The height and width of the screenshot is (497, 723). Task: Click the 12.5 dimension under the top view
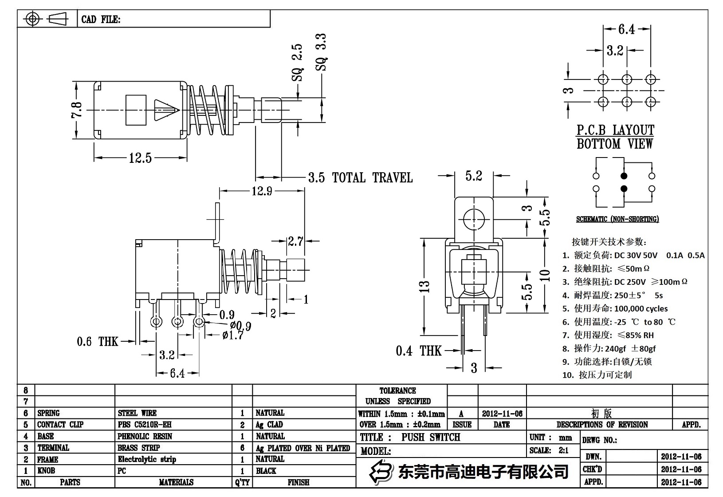point(140,158)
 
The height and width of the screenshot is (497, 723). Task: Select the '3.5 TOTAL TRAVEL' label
point(360,178)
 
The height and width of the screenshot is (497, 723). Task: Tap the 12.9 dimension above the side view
point(261,191)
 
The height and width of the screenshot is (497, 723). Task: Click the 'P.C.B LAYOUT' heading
point(615,130)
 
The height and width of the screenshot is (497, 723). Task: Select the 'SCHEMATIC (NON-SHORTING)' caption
point(617,219)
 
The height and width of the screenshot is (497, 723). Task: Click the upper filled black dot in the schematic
point(624,176)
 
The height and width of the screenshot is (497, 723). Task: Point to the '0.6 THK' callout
point(98,341)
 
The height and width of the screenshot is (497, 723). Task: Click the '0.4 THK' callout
point(418,351)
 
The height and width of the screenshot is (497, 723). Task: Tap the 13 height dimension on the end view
point(425,287)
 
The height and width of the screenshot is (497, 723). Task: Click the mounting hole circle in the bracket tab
point(474,219)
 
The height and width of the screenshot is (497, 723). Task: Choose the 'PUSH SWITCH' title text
point(431,437)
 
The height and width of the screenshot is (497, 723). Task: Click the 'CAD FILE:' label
point(101,20)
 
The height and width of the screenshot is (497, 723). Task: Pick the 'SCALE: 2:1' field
point(549,450)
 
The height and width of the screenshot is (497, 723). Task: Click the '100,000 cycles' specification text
point(640,308)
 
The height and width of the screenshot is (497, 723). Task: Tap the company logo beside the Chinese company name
point(382,471)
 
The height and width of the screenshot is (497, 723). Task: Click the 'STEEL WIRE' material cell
point(137,413)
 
